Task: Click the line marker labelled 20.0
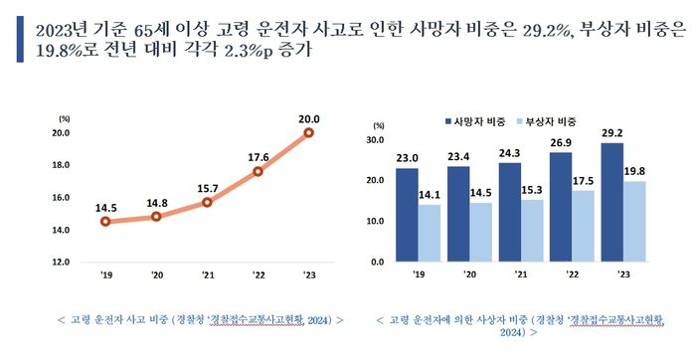(309, 132)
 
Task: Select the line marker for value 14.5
(105, 222)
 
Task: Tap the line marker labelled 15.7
(207, 202)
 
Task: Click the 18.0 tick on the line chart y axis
(60, 165)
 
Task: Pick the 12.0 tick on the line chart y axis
(60, 262)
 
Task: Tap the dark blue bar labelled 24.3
(510, 212)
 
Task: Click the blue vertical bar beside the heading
(20, 39)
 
